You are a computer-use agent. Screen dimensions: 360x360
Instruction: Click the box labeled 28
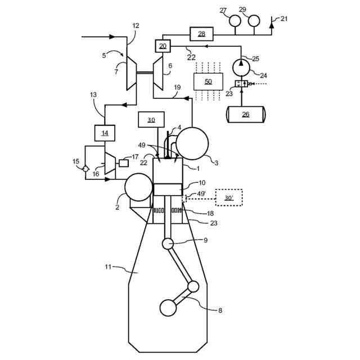tap(201, 34)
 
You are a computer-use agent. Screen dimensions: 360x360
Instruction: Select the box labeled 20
tap(163, 46)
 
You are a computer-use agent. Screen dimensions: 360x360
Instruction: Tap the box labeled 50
tap(208, 82)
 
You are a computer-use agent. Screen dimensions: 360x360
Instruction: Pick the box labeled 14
tap(105, 133)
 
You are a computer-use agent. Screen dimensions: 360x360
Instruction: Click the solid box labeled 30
tap(151, 120)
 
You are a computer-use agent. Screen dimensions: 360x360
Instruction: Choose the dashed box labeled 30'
tap(228, 197)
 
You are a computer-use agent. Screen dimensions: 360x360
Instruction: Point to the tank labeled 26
tap(246, 114)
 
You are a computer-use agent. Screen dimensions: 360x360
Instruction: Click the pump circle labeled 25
tap(241, 66)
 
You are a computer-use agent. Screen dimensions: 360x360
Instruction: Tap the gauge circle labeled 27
tap(235, 20)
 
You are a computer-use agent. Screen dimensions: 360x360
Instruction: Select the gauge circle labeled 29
tap(254, 20)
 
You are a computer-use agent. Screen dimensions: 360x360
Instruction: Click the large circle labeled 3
tap(192, 143)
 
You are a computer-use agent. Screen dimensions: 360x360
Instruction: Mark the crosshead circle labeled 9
tap(168, 243)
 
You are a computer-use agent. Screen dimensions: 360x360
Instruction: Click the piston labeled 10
tap(168, 190)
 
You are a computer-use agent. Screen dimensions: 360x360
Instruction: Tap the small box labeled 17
tap(123, 163)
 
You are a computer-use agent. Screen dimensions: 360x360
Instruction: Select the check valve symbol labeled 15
tap(85, 169)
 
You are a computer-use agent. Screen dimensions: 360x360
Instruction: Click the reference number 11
tap(109, 267)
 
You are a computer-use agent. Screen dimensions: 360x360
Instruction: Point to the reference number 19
tap(177, 88)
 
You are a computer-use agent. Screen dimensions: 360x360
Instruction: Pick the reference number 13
tap(93, 94)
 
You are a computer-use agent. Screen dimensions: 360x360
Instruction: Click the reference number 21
tap(284, 19)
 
